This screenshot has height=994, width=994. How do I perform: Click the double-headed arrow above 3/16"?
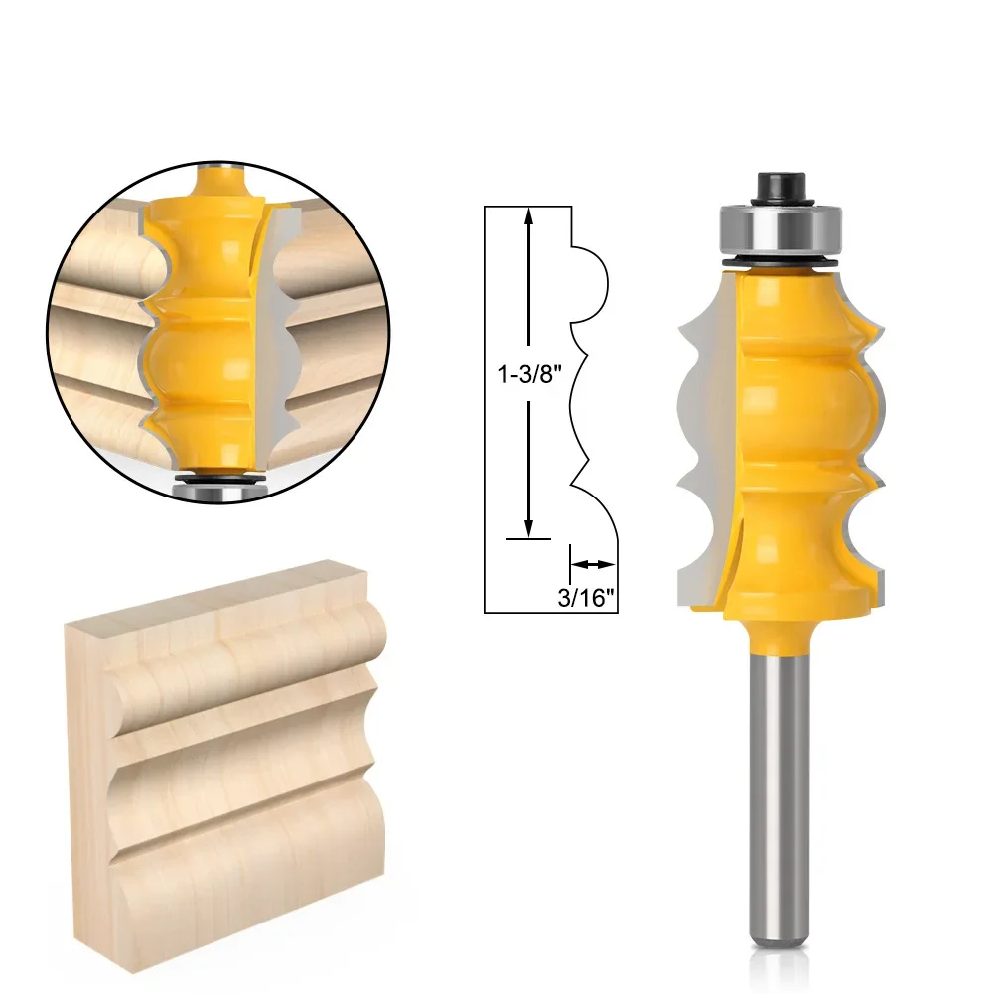click(x=594, y=564)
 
